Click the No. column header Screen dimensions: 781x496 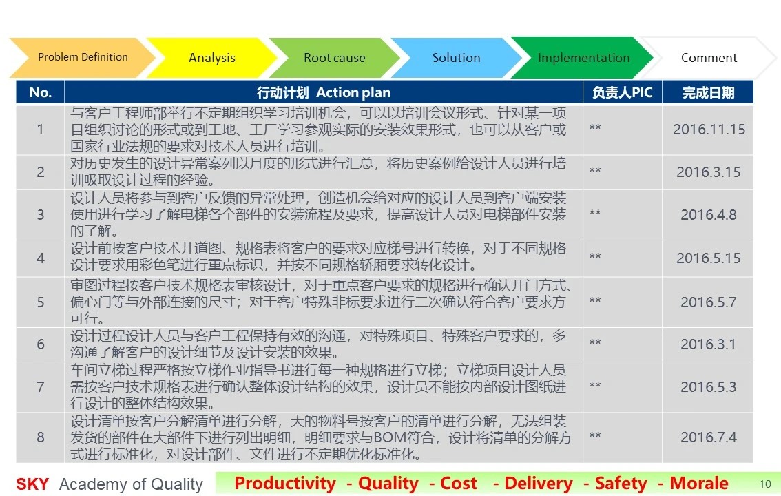(41, 92)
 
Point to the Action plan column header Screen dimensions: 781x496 (324, 92)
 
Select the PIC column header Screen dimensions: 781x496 (622, 92)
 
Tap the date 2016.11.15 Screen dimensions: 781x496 (709, 130)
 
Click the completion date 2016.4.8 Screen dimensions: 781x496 (708, 215)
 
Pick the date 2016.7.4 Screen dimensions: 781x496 (708, 437)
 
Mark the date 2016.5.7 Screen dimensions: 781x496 (708, 302)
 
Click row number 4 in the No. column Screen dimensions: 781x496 (41, 258)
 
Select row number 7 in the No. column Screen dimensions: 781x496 (41, 387)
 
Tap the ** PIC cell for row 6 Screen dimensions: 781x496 (595, 342)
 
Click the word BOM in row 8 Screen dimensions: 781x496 (392, 437)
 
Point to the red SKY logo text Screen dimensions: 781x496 (32, 484)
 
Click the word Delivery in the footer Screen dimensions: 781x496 (539, 483)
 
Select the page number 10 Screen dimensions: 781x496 (765, 484)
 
